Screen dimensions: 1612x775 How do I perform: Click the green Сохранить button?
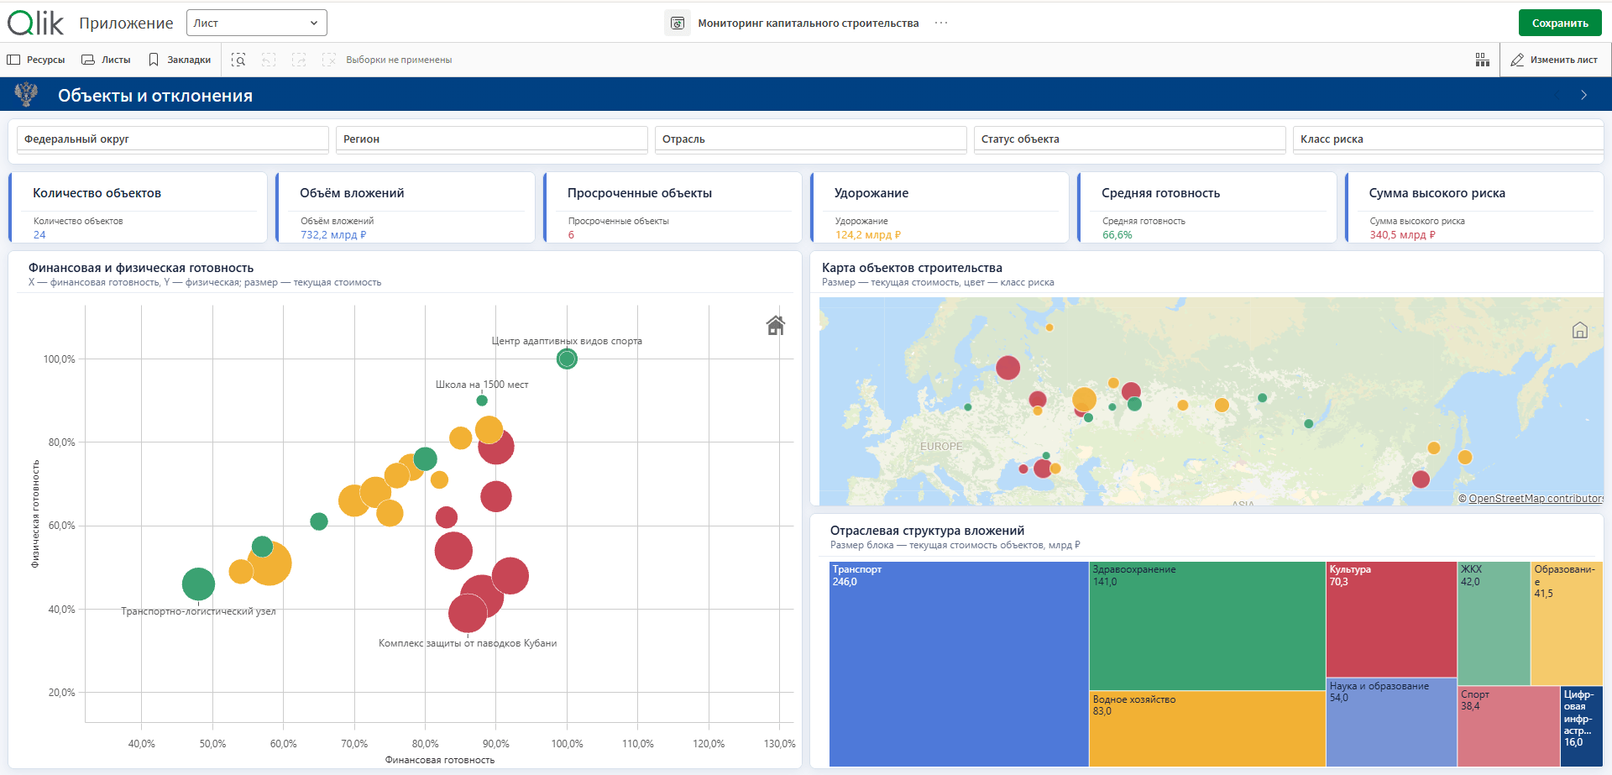click(x=1559, y=23)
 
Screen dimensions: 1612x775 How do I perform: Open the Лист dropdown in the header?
click(x=257, y=23)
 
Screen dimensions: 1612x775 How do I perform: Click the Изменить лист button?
click(x=1554, y=60)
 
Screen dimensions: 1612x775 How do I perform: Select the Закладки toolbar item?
click(x=180, y=60)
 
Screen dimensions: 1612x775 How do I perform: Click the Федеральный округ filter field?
click(x=172, y=139)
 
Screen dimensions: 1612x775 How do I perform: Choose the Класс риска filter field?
click(x=1447, y=139)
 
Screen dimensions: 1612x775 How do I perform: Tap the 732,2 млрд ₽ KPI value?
click(x=333, y=235)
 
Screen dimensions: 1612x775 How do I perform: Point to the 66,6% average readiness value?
click(x=1117, y=235)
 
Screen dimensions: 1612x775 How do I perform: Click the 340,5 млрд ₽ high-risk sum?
click(x=1402, y=235)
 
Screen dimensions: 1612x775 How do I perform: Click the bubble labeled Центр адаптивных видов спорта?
click(x=567, y=359)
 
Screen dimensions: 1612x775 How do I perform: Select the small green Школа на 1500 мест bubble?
click(x=482, y=401)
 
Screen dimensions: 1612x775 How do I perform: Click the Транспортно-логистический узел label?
click(x=198, y=611)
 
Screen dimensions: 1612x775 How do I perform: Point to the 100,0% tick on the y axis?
click(x=60, y=359)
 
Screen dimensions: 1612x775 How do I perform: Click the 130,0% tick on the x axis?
click(x=779, y=744)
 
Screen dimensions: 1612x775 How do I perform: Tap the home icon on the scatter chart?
click(x=776, y=326)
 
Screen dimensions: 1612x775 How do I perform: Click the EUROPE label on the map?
click(x=941, y=447)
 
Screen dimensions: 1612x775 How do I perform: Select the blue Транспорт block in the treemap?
click(x=959, y=664)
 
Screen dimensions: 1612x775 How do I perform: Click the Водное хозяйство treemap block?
click(x=1207, y=729)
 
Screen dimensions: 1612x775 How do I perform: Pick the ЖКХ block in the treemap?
click(x=1494, y=624)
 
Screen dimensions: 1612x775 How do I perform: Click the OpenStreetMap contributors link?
click(x=1536, y=499)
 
